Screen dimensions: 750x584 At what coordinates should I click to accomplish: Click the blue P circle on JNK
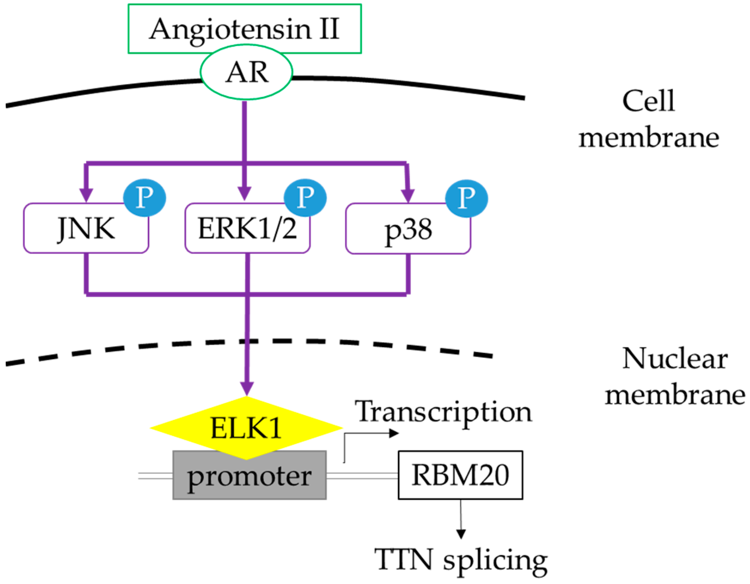144,198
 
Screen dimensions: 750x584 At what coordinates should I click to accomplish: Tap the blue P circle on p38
467,199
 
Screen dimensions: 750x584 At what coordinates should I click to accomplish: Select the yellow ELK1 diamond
246,428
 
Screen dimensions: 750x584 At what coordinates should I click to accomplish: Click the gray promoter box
249,475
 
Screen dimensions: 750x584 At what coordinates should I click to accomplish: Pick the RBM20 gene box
460,475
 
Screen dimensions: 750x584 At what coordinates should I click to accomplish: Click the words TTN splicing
461,560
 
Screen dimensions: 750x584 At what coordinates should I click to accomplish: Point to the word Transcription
443,412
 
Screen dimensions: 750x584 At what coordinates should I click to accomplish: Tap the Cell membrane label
649,119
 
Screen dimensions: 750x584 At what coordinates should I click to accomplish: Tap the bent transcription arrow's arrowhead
394,433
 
